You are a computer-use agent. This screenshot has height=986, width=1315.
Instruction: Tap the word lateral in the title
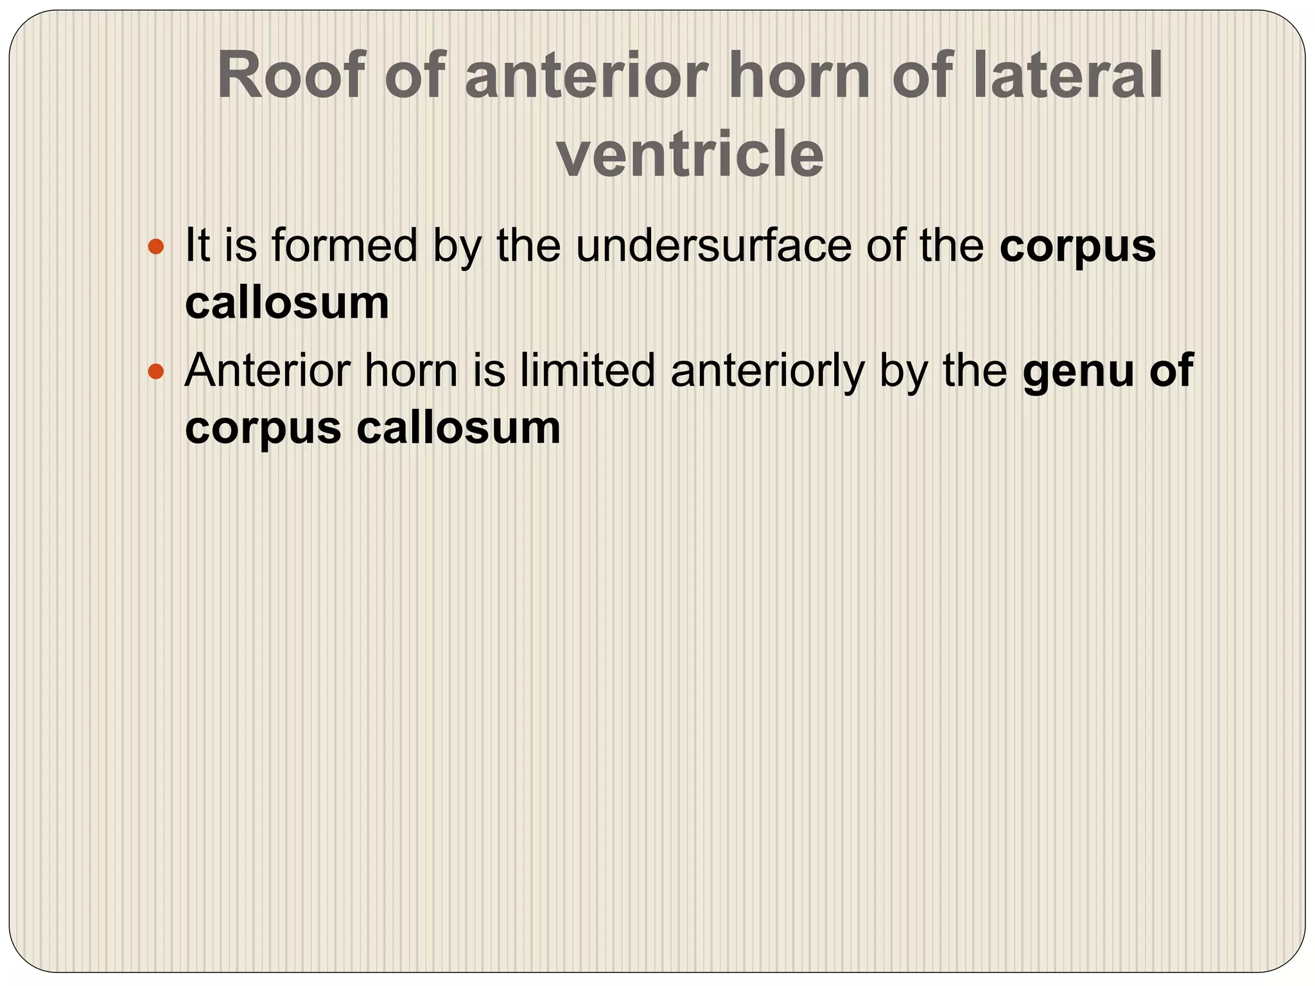1067,76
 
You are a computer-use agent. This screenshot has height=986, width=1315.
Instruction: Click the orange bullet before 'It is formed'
156,246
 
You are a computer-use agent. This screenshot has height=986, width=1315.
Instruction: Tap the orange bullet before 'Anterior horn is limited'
156,371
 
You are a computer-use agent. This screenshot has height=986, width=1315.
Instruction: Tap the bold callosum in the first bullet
287,302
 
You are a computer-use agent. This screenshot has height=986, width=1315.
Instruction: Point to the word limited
588,370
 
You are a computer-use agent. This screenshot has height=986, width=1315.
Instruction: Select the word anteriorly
767,372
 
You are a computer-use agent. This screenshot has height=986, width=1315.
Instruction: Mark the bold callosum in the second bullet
458,428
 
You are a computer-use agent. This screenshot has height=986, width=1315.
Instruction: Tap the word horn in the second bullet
411,370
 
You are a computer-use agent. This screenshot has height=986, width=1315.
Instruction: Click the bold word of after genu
1171,370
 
